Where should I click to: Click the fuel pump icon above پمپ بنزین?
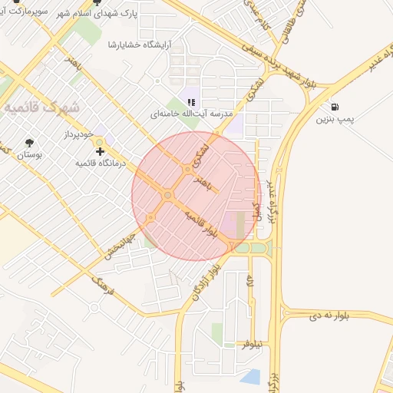(x=335, y=107)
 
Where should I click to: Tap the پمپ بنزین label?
(x=335, y=119)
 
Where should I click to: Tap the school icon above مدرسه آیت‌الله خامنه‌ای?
(x=191, y=101)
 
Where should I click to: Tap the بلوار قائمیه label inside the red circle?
(x=203, y=224)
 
